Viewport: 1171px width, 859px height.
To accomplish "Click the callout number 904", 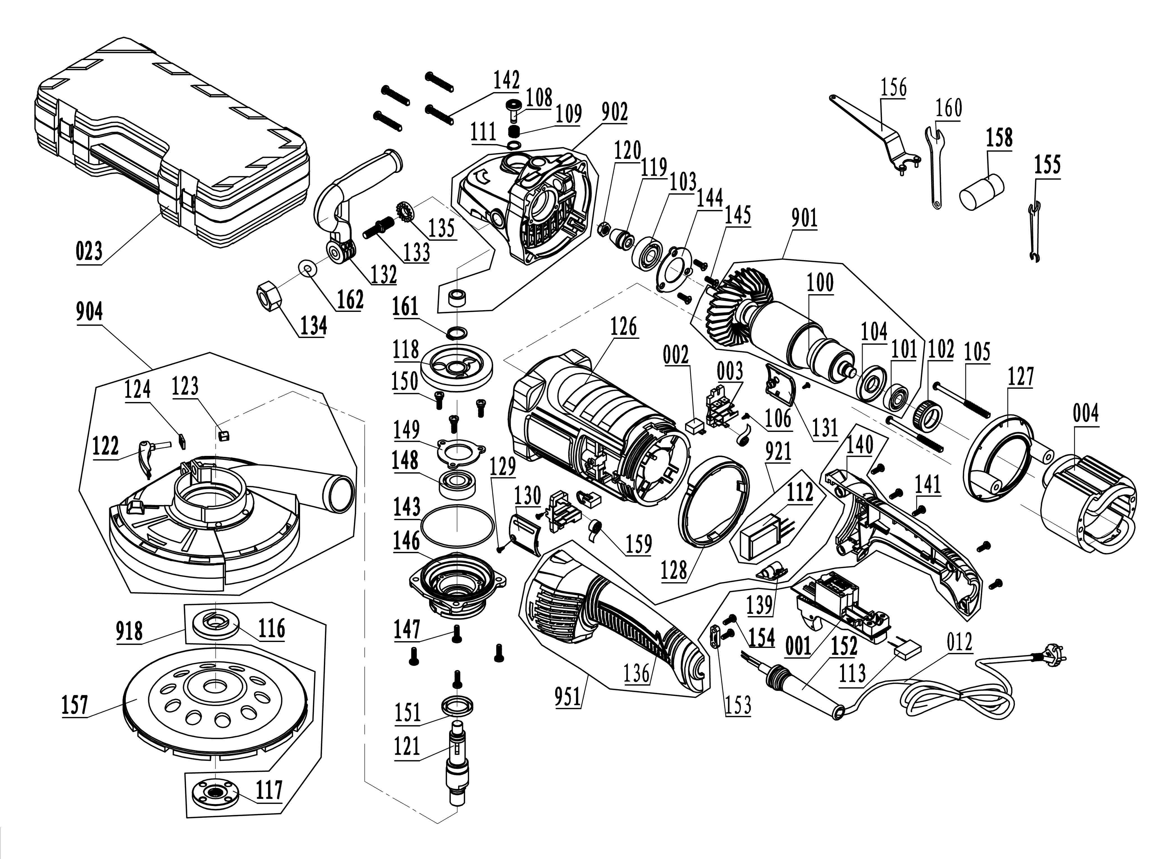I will tap(90, 312).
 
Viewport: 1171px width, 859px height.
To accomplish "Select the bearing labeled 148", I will tap(457, 484).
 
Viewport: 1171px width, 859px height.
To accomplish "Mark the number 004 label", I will tap(1085, 414).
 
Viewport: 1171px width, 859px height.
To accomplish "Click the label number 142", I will tap(506, 81).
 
